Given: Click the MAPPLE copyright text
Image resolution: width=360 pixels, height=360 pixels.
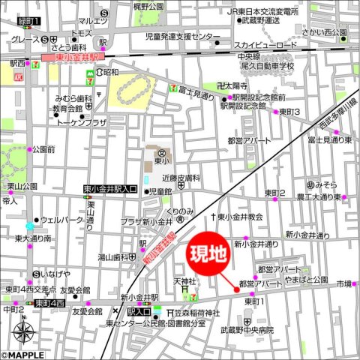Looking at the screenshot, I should (24, 355).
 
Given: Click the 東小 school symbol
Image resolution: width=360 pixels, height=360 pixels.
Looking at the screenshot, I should (160, 156).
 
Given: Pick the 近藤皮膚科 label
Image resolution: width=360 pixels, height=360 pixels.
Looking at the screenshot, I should (181, 178).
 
